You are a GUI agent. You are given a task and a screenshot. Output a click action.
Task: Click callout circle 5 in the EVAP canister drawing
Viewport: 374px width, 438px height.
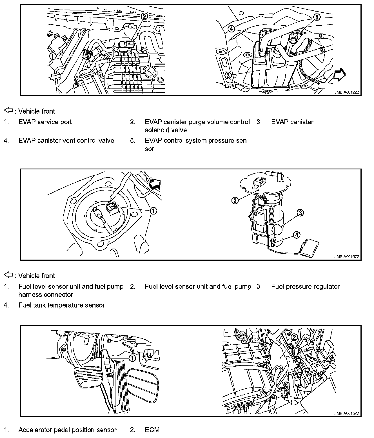[x=317, y=17]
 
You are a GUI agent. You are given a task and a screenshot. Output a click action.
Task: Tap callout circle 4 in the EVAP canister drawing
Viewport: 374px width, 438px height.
[x=231, y=28]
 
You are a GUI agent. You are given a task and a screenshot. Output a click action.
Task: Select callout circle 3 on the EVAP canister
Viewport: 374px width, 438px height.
[x=228, y=75]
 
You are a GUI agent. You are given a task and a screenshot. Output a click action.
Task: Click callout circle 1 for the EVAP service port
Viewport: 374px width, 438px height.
[x=52, y=56]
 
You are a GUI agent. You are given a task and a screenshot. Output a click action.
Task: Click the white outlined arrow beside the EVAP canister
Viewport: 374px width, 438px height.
[x=339, y=75]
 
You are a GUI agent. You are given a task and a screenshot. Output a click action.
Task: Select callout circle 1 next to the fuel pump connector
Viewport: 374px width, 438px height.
[x=153, y=211]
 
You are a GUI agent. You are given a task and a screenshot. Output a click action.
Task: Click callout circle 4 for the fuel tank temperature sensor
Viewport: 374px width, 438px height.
[x=297, y=235]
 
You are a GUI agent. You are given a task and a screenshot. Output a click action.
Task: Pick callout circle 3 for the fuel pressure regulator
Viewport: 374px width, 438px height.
[x=300, y=213]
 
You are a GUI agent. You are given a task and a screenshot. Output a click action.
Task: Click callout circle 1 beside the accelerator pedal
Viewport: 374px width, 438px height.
[x=132, y=358]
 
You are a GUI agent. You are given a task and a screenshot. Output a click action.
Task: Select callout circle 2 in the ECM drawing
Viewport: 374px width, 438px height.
[x=294, y=337]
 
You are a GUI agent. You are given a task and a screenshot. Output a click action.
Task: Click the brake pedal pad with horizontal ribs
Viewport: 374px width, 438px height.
[x=87, y=374]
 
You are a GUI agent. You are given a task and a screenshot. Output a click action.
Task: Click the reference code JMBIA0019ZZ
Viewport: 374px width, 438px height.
[x=347, y=257]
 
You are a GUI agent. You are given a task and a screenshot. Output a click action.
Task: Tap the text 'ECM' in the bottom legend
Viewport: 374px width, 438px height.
[x=152, y=430]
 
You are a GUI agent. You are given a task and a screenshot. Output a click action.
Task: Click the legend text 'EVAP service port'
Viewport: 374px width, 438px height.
[x=45, y=122]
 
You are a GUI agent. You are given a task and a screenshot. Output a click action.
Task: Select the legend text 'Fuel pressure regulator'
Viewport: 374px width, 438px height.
[x=305, y=287]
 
